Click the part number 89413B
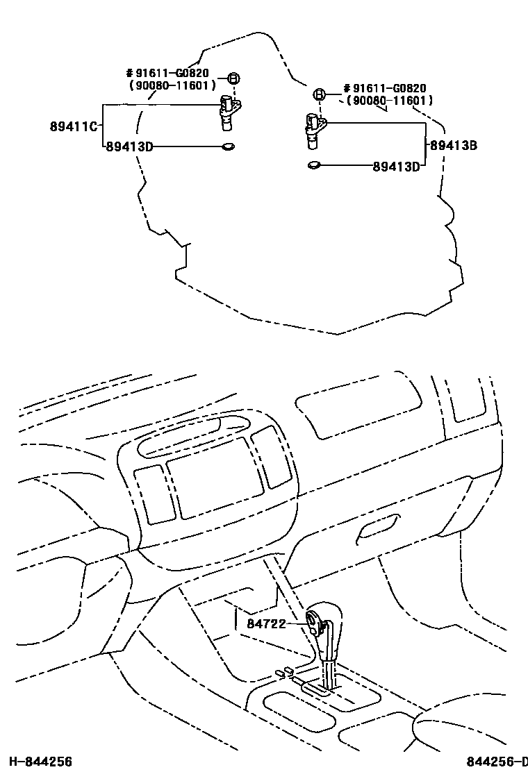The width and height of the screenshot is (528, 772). point(453,146)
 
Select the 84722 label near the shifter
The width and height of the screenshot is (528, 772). point(266,623)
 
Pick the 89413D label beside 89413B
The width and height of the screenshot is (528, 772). point(396,166)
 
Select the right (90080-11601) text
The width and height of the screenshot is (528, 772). point(387,101)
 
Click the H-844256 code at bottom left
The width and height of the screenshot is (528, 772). point(37,762)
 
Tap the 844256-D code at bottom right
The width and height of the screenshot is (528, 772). point(496,762)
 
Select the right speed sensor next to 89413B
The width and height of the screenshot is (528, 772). point(313,129)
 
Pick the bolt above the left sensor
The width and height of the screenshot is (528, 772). point(233,78)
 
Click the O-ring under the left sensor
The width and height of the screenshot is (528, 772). point(227,146)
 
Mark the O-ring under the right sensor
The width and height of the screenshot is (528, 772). point(314,166)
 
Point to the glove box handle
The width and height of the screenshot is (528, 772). point(377,528)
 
